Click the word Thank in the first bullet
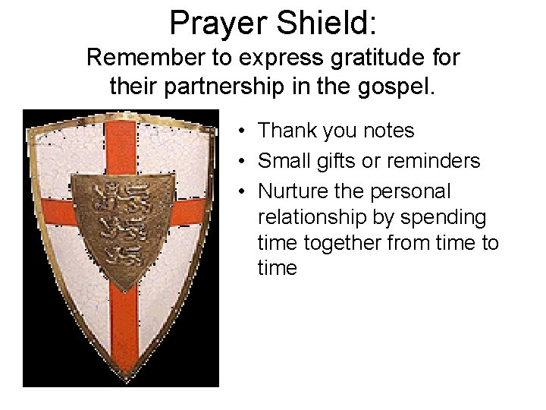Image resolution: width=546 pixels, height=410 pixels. click(287, 131)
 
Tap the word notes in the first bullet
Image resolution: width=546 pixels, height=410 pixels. click(387, 131)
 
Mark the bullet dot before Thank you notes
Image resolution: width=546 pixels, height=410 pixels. click(239, 131)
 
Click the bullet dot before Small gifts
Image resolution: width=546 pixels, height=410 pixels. click(239, 162)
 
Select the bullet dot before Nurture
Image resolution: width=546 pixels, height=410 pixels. click(239, 192)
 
